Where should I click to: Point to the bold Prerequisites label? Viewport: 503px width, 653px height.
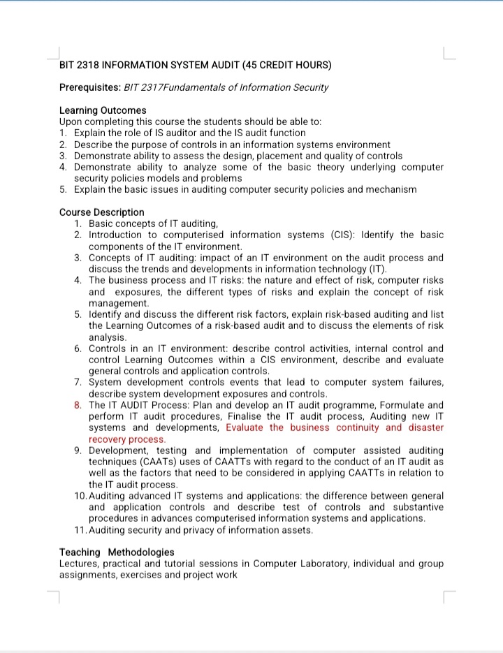[89, 87]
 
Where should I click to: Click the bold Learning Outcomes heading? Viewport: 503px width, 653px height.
[103, 110]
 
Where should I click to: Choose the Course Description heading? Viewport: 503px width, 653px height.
[102, 212]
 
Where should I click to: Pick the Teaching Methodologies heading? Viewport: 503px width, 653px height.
[117, 552]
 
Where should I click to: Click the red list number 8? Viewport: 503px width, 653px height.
[78, 405]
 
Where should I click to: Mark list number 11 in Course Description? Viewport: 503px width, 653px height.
[79, 529]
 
